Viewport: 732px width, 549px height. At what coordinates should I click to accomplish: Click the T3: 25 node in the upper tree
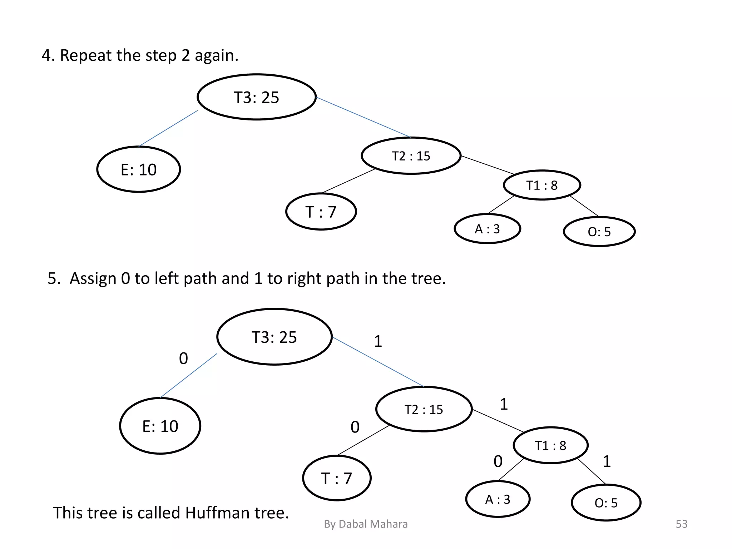click(257, 97)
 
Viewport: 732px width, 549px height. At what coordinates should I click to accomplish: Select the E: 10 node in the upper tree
click(139, 169)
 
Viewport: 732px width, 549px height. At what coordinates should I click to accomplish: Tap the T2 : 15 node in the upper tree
click(411, 156)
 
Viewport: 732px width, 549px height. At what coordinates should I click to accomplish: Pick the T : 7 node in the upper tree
click(321, 212)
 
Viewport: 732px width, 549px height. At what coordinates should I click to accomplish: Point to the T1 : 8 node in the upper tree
click(542, 185)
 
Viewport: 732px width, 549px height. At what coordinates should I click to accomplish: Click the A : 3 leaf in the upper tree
click(487, 229)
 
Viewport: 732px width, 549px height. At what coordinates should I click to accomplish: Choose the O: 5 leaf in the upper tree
click(599, 232)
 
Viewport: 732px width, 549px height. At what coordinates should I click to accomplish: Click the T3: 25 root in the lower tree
click(274, 337)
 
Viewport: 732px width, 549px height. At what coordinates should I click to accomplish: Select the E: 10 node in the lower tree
click(160, 426)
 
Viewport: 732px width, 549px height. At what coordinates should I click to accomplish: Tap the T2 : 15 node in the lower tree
click(424, 409)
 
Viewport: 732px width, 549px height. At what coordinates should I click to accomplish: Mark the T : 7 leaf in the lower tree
click(337, 478)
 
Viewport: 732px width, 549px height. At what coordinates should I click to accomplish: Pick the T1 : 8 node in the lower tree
click(550, 445)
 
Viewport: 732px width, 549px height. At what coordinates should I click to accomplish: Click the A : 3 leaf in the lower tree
click(498, 499)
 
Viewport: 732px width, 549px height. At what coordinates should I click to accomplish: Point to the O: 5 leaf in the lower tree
click(606, 503)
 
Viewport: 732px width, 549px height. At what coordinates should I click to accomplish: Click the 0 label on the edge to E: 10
click(183, 358)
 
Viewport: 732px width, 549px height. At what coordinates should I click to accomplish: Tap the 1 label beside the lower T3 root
click(378, 341)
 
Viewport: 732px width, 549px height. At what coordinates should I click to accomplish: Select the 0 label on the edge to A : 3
click(498, 461)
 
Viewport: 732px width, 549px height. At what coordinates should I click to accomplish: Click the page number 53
click(681, 524)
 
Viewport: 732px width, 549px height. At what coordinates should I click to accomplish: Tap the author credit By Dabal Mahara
click(366, 524)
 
